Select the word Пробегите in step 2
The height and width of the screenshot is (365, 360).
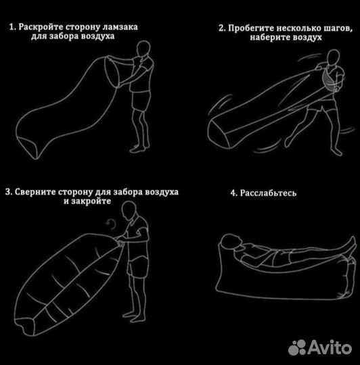pyautogui.click(x=250, y=29)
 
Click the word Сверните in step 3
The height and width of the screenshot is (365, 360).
pyautogui.click(x=36, y=193)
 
